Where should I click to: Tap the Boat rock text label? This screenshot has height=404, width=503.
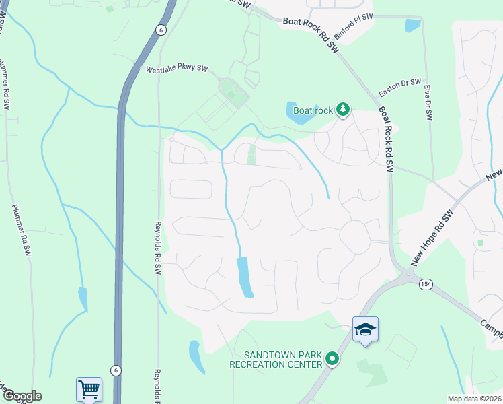313,110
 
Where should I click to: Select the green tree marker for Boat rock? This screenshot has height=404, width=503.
343,108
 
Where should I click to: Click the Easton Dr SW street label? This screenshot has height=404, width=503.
399,86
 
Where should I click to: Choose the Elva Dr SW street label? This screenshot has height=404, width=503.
428,100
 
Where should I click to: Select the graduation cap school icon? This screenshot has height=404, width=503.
365,329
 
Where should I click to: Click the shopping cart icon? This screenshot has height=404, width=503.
89,389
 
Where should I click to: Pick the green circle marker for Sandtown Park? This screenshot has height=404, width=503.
332,360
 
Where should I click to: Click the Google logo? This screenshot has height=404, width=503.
22,396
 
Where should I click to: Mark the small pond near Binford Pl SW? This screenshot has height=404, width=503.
412,26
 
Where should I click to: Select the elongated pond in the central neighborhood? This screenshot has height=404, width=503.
245,276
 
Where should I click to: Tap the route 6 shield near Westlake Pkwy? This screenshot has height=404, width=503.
160,30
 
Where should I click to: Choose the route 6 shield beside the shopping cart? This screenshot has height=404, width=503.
116,370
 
